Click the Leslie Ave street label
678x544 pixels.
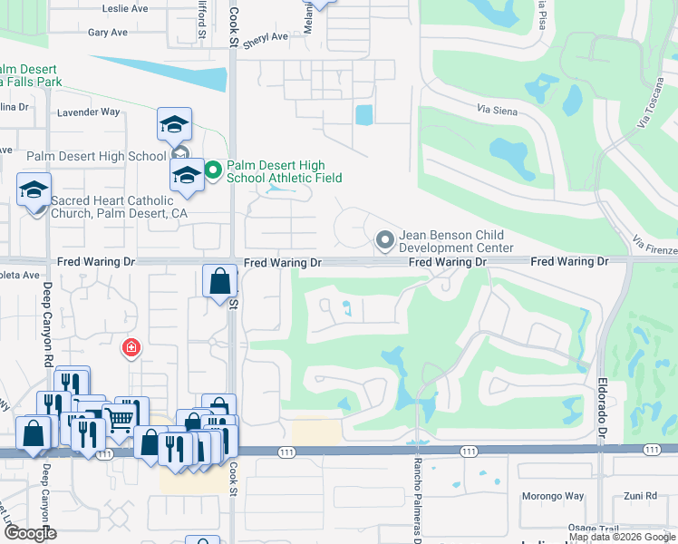125,8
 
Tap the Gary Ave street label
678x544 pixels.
108,33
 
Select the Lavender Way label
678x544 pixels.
88,112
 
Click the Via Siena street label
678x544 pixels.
497,109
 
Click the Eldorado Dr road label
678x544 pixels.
601,399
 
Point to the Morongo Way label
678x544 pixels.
552,496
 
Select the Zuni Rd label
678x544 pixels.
640,496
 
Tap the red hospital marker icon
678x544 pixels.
131,347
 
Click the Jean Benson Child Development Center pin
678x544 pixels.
384,239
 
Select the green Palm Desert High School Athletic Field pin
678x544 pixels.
213,170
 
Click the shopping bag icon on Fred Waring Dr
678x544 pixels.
220,282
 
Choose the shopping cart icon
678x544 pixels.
119,418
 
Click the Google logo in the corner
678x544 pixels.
31,533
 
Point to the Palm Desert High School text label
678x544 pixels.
96,156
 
